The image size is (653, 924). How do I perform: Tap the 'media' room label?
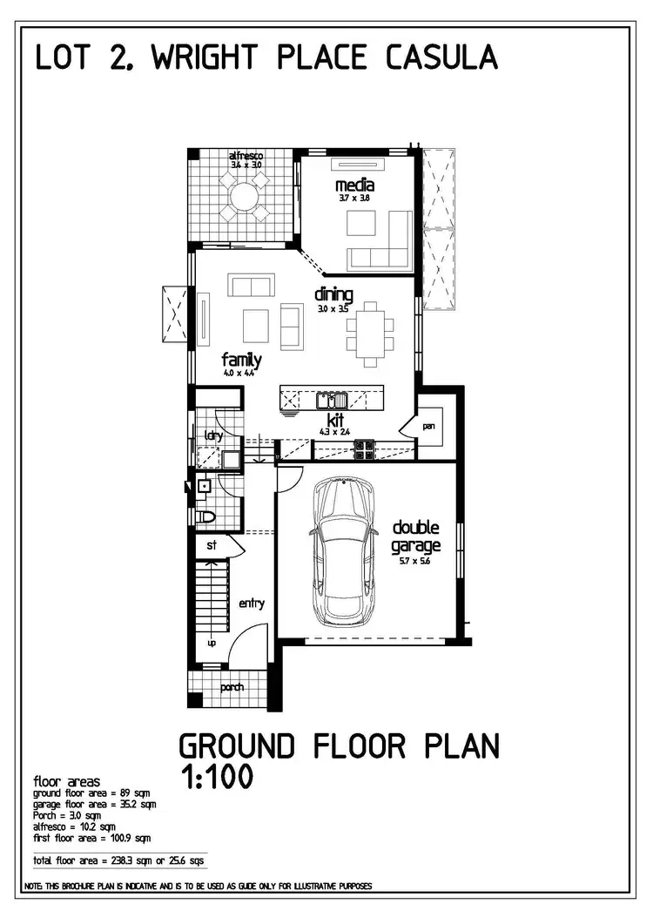pos(354,185)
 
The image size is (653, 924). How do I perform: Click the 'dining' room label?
pos(333,294)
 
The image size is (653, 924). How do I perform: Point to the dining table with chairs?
pos(370,334)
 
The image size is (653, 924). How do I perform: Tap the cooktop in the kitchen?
pos(364,449)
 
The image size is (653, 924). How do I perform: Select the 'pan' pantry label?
pos(429,427)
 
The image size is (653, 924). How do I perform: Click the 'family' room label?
pos(241,360)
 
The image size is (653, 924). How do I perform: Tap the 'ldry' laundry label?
pos(212,435)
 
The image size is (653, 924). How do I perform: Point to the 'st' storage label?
pos(211,546)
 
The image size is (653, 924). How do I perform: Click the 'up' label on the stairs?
pos(211,643)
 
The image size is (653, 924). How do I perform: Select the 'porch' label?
pos(231,687)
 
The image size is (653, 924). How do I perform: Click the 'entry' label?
pos(252,604)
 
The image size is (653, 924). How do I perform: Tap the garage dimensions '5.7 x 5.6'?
pos(415,562)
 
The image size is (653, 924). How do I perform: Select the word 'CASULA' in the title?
pos(443,57)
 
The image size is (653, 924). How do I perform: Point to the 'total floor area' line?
pos(118,860)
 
